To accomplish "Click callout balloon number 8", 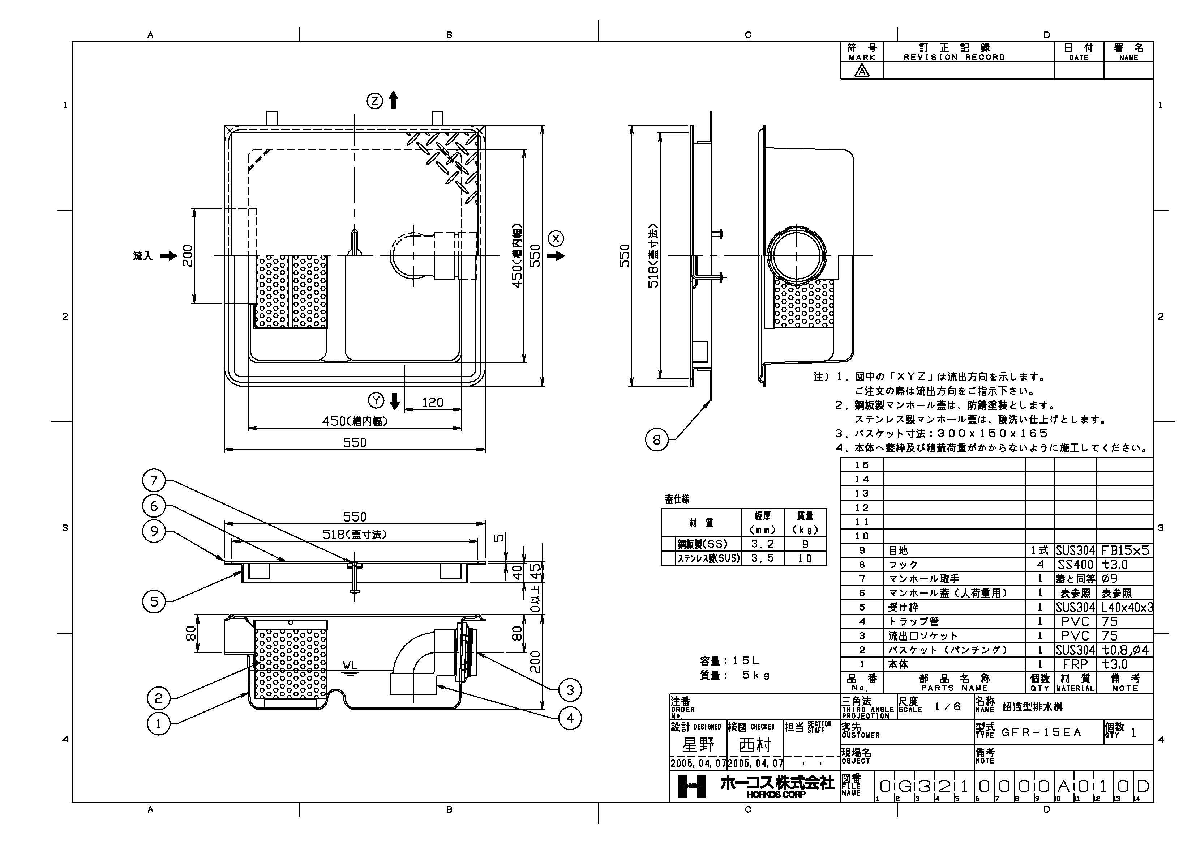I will pos(656,440).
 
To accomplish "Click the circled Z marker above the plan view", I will pos(375,101).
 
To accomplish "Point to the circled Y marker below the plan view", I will pos(376,400).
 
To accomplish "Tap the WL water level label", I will pos(350,666).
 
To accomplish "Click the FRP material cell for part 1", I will pos(1075,664).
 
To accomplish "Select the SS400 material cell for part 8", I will pos(1075,565).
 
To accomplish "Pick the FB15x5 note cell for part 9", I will pos(1125,550).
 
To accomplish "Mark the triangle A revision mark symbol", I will pos(862,71).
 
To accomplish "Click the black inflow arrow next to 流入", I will pos(168,256).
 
